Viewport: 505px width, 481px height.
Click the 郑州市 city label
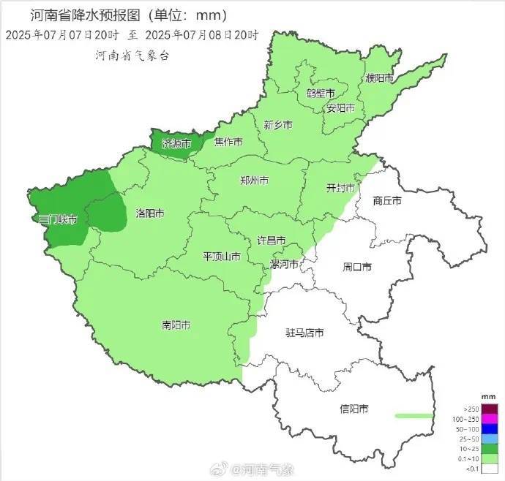(x=254, y=181)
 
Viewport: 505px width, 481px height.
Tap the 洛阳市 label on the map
(x=150, y=213)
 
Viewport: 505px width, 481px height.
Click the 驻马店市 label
(x=304, y=333)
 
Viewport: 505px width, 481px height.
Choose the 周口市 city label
(x=357, y=267)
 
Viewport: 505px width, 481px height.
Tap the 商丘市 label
(x=387, y=200)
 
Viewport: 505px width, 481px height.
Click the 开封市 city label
(x=340, y=188)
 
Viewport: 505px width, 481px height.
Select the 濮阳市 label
(x=380, y=77)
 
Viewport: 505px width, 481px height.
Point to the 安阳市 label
(x=340, y=108)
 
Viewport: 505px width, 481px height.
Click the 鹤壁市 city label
(x=321, y=94)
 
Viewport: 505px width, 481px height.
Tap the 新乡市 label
(x=278, y=126)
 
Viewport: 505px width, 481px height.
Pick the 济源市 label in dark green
(x=176, y=143)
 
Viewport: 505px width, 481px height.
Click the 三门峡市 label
(x=58, y=219)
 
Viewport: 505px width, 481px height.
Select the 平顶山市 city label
(x=222, y=257)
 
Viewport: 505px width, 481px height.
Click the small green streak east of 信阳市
(x=414, y=415)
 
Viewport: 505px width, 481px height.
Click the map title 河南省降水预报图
(x=87, y=15)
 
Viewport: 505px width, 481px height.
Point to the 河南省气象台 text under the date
(x=132, y=56)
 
